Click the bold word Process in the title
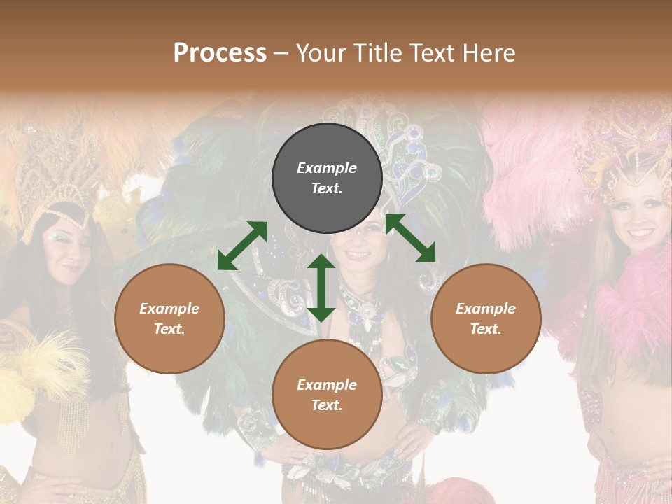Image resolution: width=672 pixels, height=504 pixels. pos(220,53)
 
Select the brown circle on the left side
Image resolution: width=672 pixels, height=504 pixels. pos(169,318)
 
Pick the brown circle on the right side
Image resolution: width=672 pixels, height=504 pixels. pos(486,318)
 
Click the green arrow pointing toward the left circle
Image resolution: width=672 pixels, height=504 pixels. pos(242,245)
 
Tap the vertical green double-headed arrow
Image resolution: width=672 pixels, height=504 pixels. pos(321,288)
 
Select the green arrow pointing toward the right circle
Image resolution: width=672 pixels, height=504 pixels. pos(410,238)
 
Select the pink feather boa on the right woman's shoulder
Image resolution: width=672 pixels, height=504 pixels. pos(633,294)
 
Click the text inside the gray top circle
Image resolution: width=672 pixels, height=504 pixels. pos(327,178)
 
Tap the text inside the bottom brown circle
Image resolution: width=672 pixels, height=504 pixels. pos(327,395)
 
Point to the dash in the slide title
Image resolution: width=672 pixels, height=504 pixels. pos(281,53)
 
